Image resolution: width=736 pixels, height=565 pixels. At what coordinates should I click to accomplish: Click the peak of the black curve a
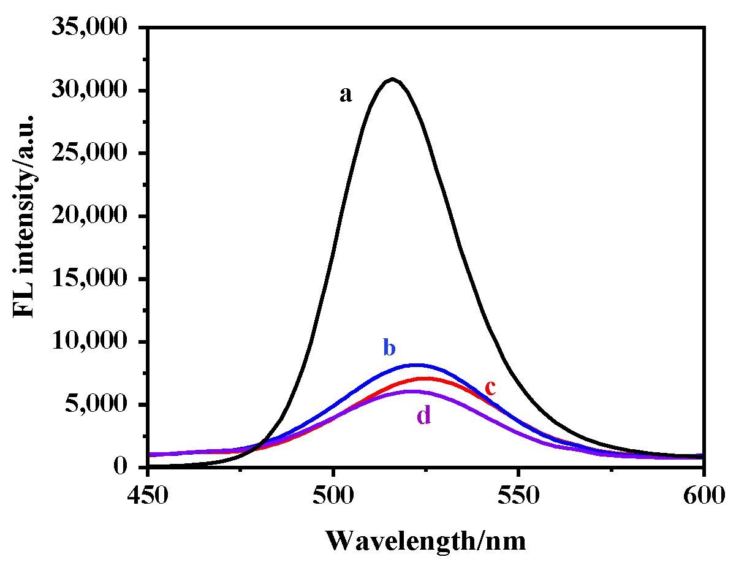392,79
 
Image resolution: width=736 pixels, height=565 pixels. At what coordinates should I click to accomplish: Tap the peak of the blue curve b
416,365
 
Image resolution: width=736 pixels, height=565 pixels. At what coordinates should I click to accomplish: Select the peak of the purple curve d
411,391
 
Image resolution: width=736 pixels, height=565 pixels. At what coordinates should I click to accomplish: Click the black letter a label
346,95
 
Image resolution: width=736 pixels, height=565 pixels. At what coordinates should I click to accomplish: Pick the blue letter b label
389,348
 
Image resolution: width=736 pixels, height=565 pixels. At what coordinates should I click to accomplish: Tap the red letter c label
490,387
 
